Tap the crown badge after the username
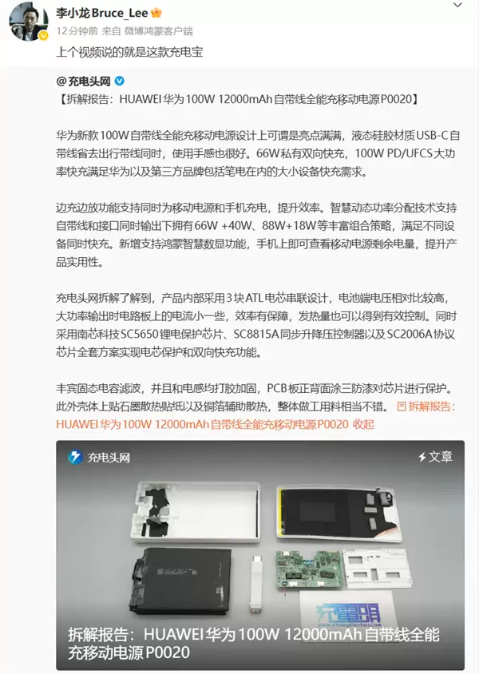[x=156, y=14]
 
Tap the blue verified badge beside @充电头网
[x=120, y=81]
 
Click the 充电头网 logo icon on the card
[x=75, y=458]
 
